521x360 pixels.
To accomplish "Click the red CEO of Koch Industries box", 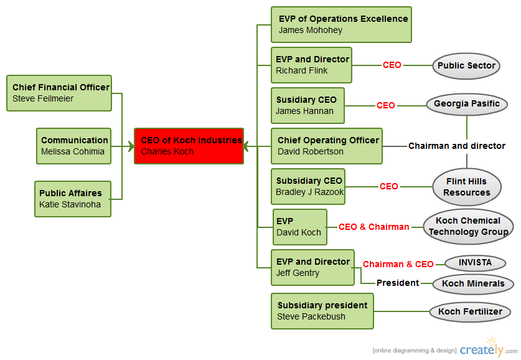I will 189,146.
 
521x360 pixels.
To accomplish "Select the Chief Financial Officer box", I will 59,93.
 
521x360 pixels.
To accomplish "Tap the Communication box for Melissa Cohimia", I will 73,146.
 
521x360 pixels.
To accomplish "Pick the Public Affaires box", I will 73,199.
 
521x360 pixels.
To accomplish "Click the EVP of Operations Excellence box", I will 341,24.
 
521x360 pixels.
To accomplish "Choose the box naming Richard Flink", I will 312,65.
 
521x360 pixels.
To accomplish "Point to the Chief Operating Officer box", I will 327,146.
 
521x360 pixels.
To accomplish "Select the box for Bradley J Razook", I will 309,186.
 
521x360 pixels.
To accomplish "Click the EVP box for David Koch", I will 300,227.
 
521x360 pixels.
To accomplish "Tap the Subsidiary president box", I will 322,311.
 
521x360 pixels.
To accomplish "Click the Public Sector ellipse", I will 466,65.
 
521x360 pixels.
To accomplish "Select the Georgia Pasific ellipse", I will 467,104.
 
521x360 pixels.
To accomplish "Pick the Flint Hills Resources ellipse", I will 467,187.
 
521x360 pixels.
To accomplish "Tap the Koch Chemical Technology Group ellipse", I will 468,226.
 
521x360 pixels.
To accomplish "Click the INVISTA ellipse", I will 475,263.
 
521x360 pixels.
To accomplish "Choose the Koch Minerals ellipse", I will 472,283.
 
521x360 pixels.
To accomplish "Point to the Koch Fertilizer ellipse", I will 470,311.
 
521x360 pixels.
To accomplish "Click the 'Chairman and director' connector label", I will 456,146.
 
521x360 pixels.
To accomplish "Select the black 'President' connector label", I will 397,283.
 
